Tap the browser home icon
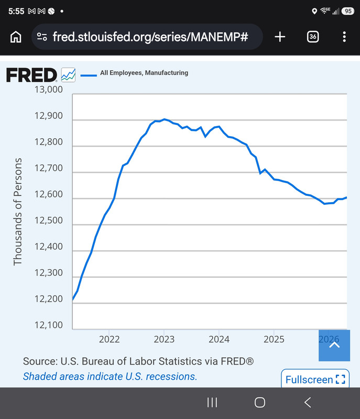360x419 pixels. (16, 37)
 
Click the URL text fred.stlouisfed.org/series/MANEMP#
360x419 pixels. (150, 37)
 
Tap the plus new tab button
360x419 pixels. (280, 37)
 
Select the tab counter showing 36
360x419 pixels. (313, 37)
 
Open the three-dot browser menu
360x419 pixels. (344, 37)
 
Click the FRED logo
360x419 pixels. (31, 75)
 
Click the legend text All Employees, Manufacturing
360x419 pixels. (144, 73)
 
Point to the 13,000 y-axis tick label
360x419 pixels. (48, 90)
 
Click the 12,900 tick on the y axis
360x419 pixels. (48, 116)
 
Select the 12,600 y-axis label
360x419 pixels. (48, 194)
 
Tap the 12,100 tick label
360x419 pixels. (48, 325)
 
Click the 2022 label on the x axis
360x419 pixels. (109, 339)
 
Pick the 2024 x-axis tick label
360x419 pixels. (219, 339)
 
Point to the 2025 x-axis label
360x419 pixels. (274, 339)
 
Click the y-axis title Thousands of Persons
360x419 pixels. (18, 212)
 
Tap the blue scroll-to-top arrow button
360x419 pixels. (334, 346)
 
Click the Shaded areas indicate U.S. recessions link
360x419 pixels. (110, 377)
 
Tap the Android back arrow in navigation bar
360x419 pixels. (308, 402)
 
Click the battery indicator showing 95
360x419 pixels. (348, 11)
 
